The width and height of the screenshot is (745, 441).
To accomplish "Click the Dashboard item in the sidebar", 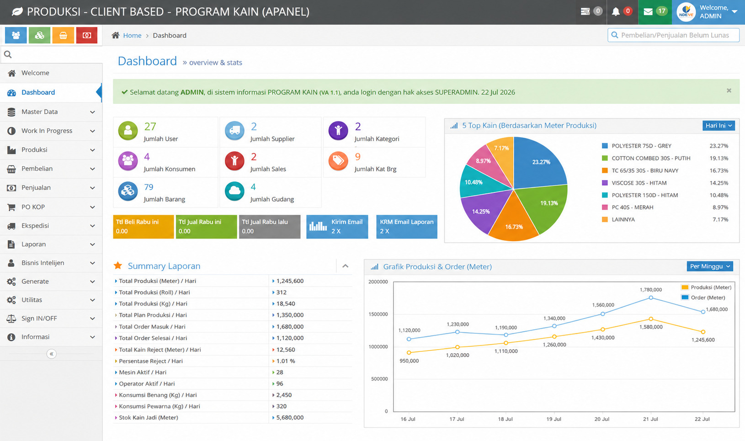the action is [38, 92].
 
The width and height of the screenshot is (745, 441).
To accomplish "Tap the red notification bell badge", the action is [628, 11].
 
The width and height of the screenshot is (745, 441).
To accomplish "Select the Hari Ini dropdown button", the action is [718, 125].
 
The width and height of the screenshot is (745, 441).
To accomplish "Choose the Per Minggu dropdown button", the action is [710, 266].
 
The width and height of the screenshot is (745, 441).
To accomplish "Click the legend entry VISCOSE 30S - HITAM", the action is [639, 183].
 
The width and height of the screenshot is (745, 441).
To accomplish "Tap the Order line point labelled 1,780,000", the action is [650, 298].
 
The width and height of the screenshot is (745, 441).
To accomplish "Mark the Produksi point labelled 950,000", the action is [409, 352].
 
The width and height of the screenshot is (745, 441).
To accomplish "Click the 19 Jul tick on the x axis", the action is [553, 419].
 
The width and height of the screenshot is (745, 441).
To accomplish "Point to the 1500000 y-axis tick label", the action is [378, 314].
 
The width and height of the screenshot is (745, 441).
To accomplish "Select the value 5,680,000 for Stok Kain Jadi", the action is [290, 417].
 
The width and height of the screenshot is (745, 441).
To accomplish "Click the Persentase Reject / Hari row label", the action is [151, 361].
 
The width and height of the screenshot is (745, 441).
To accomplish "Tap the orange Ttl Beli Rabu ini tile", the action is [144, 227].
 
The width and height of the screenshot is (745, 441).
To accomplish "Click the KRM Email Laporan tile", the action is [406, 227].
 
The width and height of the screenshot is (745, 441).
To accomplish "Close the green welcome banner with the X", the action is [729, 90].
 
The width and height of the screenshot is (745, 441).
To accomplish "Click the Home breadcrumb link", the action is [132, 35].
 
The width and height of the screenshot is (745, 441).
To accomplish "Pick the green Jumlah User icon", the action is [128, 131].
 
